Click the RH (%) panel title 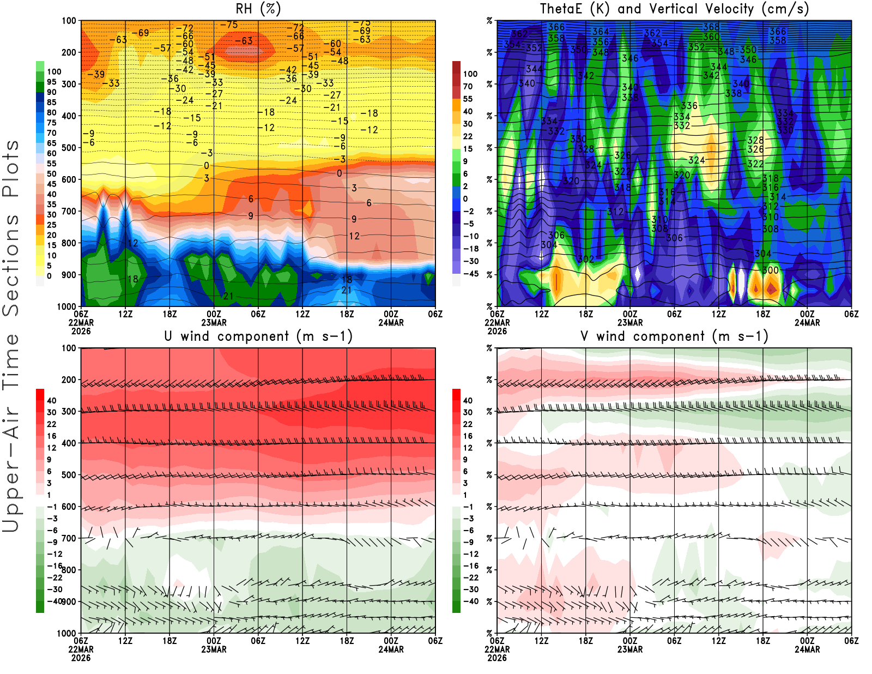click(x=258, y=9)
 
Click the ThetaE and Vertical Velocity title click(x=674, y=9)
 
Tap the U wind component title click(x=258, y=336)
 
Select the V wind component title click(x=674, y=336)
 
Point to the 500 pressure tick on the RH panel click(x=69, y=148)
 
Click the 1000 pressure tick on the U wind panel click(x=66, y=633)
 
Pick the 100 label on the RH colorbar click(x=54, y=71)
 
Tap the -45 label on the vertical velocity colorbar click(x=470, y=274)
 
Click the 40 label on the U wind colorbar click(x=52, y=401)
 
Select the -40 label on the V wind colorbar click(x=470, y=601)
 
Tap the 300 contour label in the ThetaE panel click(x=770, y=270)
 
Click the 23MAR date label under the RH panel click(x=214, y=322)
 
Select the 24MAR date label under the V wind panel click(x=807, y=649)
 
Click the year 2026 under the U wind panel click(x=81, y=658)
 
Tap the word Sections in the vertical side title click(x=11, y=264)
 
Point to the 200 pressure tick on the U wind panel click(x=69, y=380)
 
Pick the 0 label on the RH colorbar click(x=49, y=276)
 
